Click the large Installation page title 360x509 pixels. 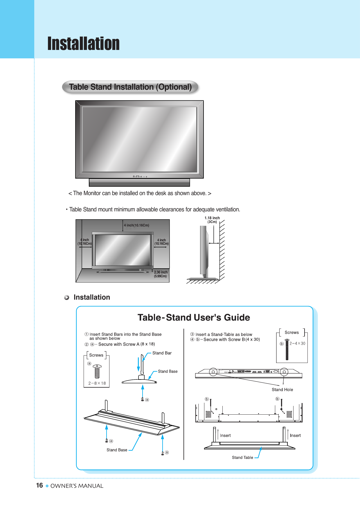pos(83,44)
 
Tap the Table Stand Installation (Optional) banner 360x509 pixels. pos(130,87)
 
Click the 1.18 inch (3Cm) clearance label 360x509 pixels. pos(212,220)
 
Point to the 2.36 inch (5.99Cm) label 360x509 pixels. pos(161,274)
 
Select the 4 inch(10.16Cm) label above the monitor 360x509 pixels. pos(136,225)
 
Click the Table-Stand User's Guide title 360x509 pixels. pos(194,317)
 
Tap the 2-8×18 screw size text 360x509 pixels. pos(97,383)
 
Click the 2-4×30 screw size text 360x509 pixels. pos(297,343)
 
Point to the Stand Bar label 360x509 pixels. pos(162,353)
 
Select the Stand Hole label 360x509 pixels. pos(282,390)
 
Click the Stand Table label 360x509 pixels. pos(242,458)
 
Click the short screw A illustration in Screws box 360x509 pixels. pos(97,371)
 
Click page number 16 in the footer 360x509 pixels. pos(39,485)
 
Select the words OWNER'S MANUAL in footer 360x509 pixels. pos(77,486)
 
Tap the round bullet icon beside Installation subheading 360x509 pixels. pos(67,298)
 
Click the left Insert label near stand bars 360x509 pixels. pos(225,436)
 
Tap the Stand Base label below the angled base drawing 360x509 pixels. pos(117,450)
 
